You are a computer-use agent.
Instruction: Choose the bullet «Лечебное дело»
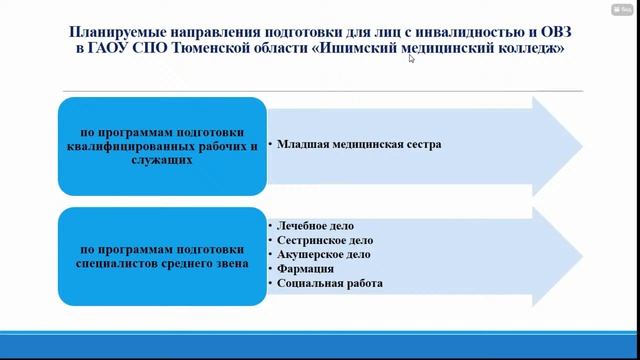(317, 226)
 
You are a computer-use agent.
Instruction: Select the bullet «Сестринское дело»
(326, 241)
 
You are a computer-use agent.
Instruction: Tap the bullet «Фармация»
(306, 269)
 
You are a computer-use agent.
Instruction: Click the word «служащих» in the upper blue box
(161, 160)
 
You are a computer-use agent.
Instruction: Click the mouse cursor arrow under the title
(411, 59)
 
